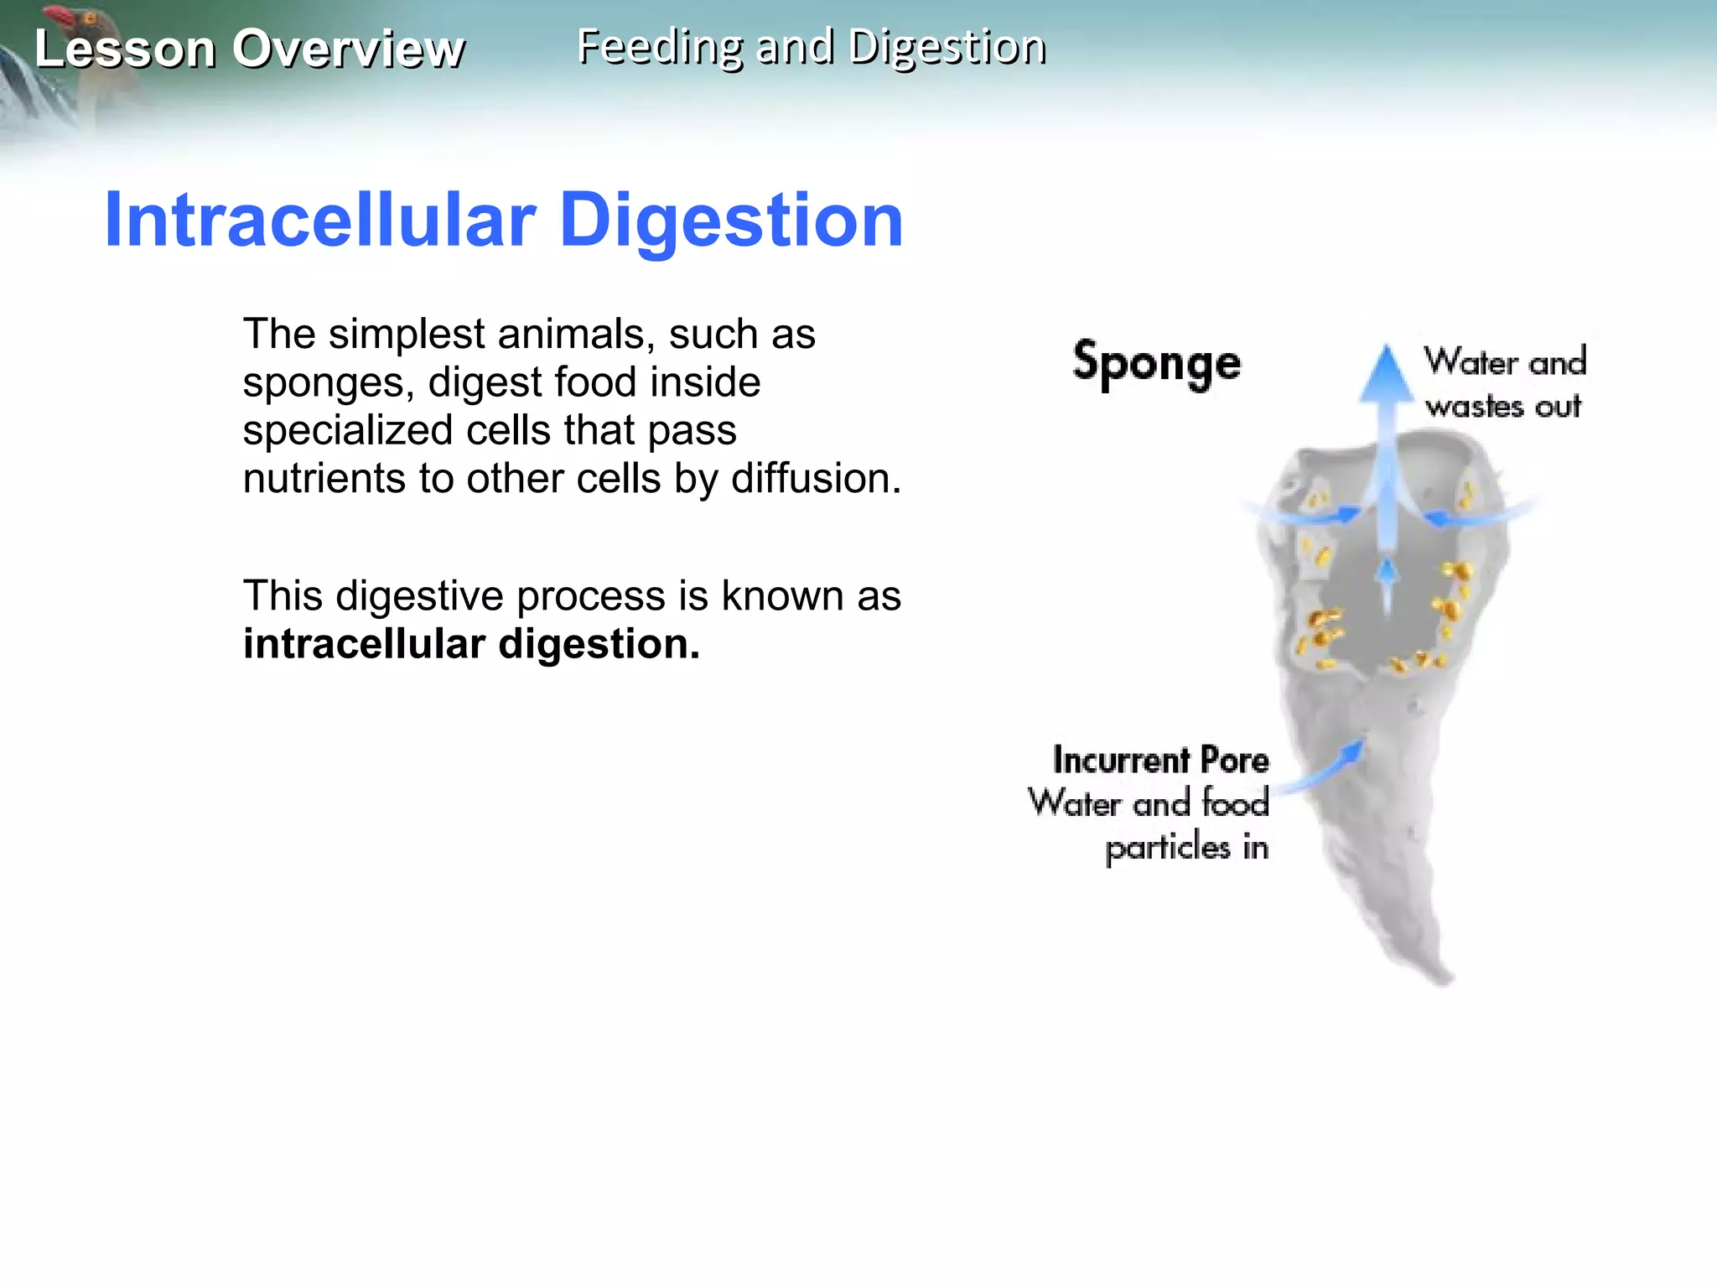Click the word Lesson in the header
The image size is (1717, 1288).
tap(125, 49)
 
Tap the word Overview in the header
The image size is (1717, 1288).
tap(348, 49)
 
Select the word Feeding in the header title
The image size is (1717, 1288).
tap(659, 47)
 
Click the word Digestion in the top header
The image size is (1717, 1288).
tap(947, 47)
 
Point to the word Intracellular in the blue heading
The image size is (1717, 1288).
tap(319, 221)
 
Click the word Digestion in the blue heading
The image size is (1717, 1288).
tap(731, 221)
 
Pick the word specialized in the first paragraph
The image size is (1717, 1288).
tap(347, 430)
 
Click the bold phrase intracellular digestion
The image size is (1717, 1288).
tap(471, 644)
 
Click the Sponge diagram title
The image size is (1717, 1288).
tap(1156, 363)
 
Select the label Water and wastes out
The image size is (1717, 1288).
tap(1504, 383)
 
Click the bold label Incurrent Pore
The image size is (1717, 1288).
tap(1160, 760)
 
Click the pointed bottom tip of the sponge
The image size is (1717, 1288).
tap(1445, 978)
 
